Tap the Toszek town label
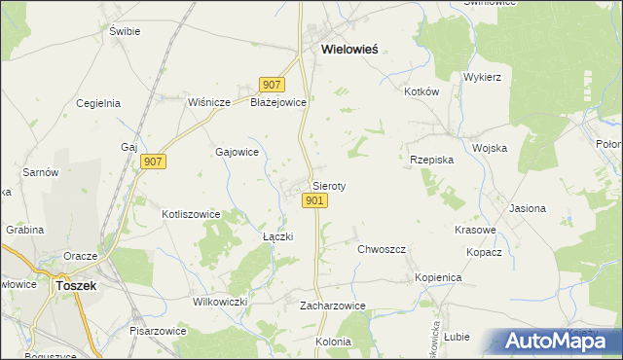click(74, 286)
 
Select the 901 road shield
click(313, 200)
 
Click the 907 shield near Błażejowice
click(271, 85)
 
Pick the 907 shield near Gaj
click(153, 162)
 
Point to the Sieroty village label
click(329, 185)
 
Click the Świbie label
click(126, 31)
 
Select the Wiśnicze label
click(208, 101)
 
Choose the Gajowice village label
click(236, 152)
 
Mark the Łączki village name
click(278, 236)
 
